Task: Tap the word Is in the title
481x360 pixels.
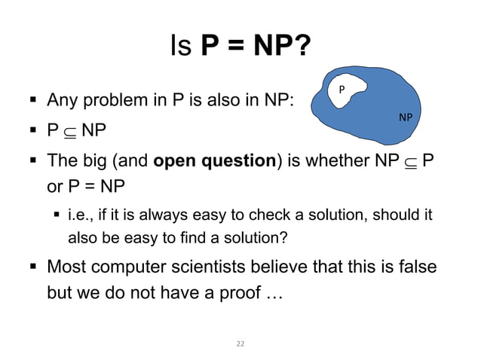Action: pyautogui.click(x=181, y=47)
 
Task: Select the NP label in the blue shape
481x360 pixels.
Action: pyautogui.click(x=405, y=117)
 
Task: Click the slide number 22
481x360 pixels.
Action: pyautogui.click(x=240, y=343)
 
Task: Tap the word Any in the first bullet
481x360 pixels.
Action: pyautogui.click(x=63, y=100)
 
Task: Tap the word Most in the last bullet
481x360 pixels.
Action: pyautogui.click(x=66, y=268)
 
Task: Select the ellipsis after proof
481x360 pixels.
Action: pyautogui.click(x=273, y=292)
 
